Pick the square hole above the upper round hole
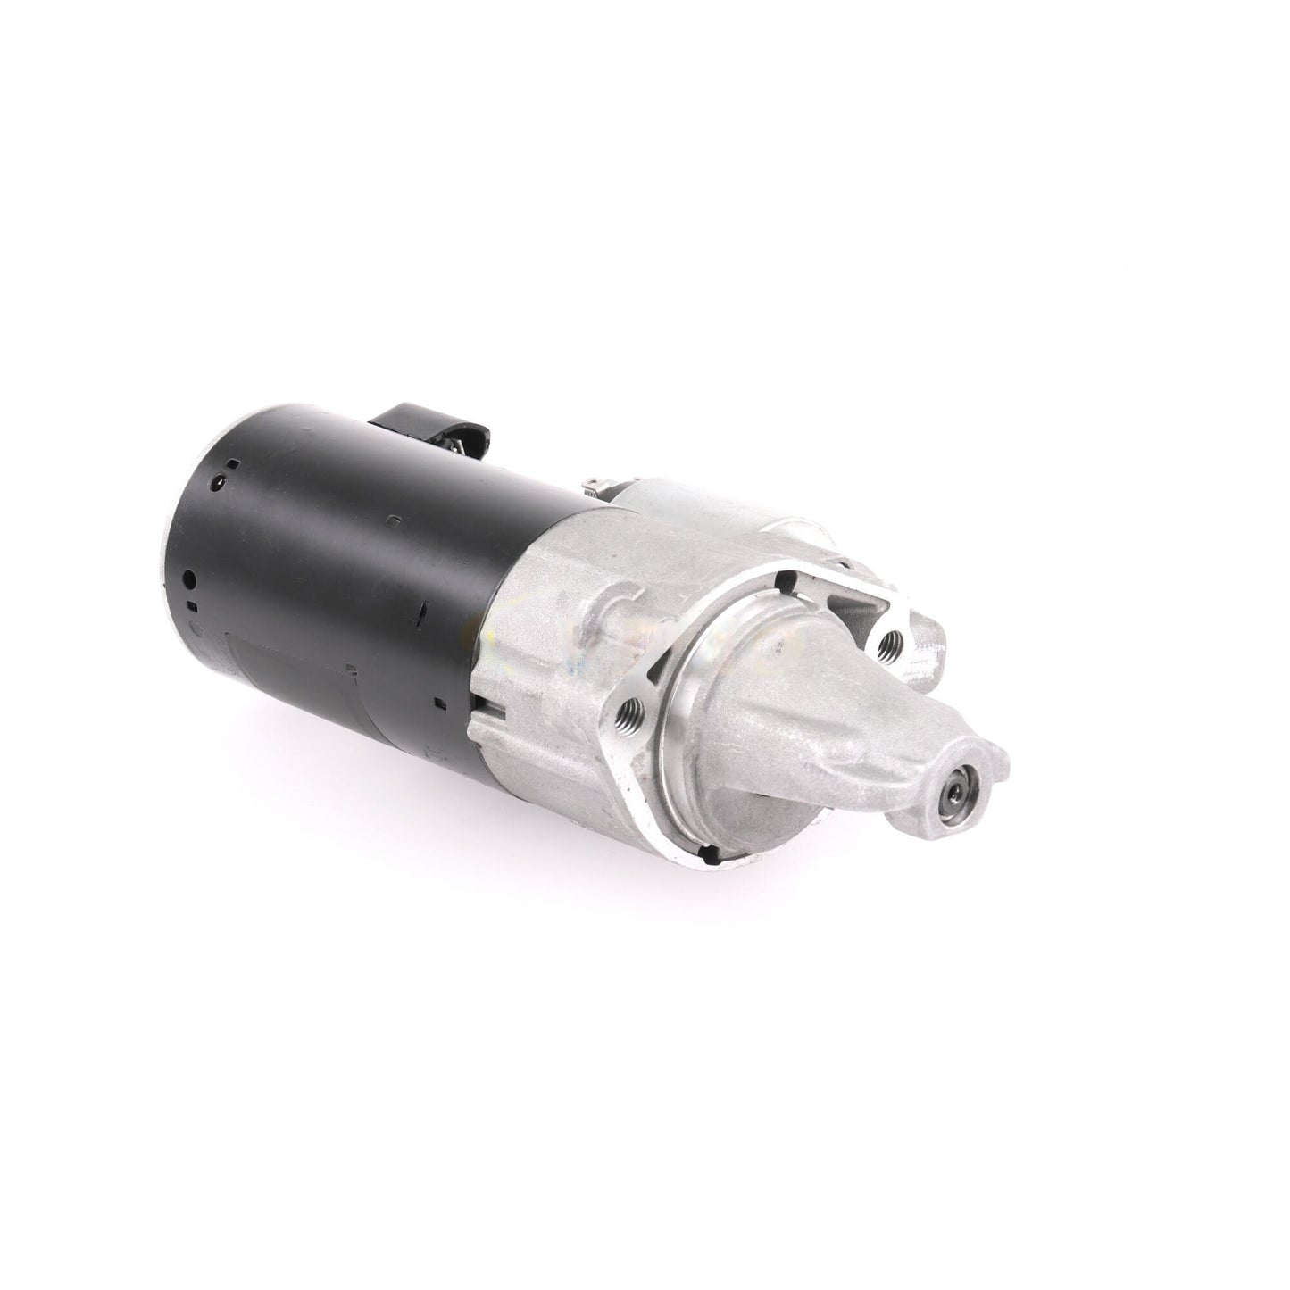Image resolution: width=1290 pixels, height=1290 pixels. tap(231, 463)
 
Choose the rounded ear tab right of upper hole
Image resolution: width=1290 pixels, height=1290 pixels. tap(928, 634)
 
